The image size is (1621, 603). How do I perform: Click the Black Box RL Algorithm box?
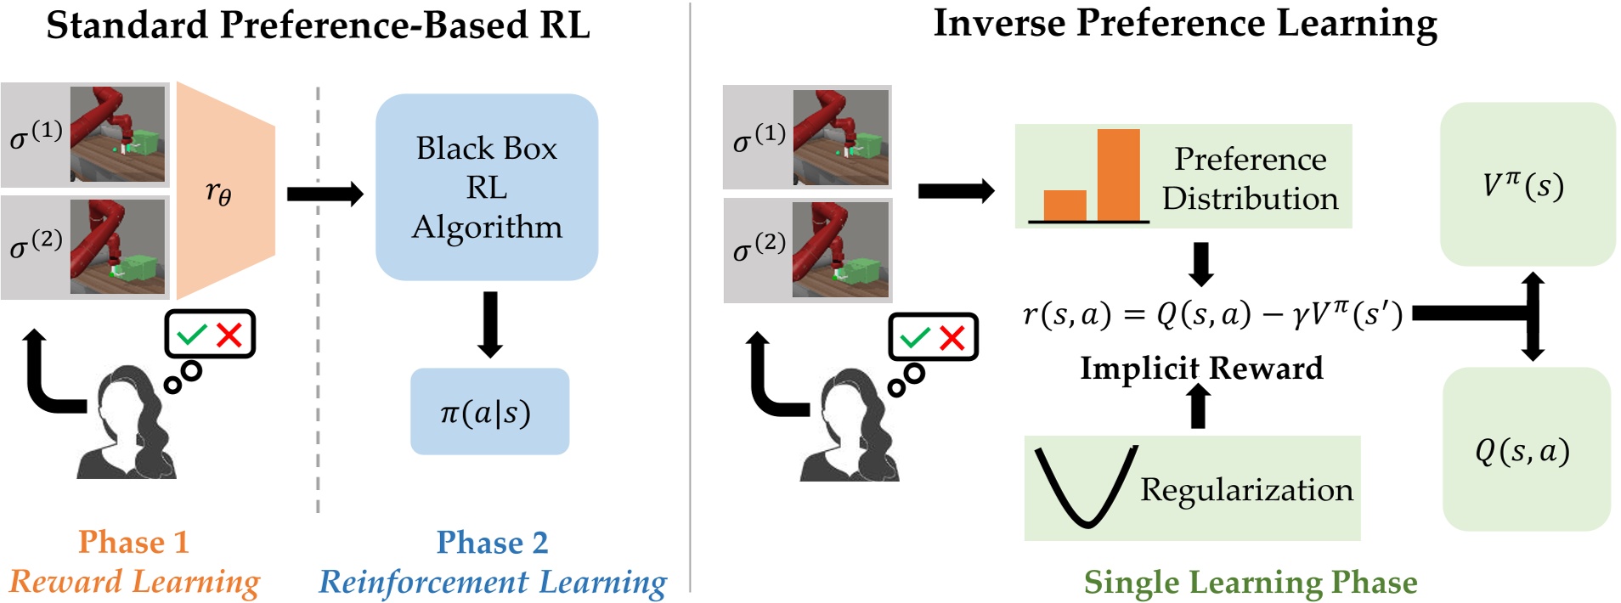[x=487, y=187]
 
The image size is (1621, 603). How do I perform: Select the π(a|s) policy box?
[x=489, y=411]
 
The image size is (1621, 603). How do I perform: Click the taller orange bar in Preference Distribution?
[x=1118, y=175]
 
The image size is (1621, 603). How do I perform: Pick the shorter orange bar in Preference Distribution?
[x=1065, y=206]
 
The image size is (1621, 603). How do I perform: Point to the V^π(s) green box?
[x=1528, y=184]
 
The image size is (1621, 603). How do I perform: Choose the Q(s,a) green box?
[x=1527, y=449]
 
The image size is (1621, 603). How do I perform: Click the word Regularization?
[x=1246, y=490]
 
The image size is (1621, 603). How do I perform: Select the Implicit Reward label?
[x=1201, y=368]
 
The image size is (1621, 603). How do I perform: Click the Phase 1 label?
[x=133, y=542]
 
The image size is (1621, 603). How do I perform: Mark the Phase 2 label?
[x=493, y=542]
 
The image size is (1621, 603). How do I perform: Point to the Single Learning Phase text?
[x=1251, y=582]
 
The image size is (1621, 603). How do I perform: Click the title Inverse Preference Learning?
[x=1185, y=24]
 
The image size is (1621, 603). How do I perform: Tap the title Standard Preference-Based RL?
[x=318, y=25]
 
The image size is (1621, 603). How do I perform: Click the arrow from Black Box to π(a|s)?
[x=490, y=324]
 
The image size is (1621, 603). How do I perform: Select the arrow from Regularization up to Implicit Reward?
[x=1199, y=405]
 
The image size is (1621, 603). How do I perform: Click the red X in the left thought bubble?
[x=229, y=335]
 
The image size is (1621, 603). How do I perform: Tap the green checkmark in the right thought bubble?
[x=916, y=338]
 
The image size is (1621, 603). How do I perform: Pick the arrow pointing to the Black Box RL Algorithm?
[x=325, y=194]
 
